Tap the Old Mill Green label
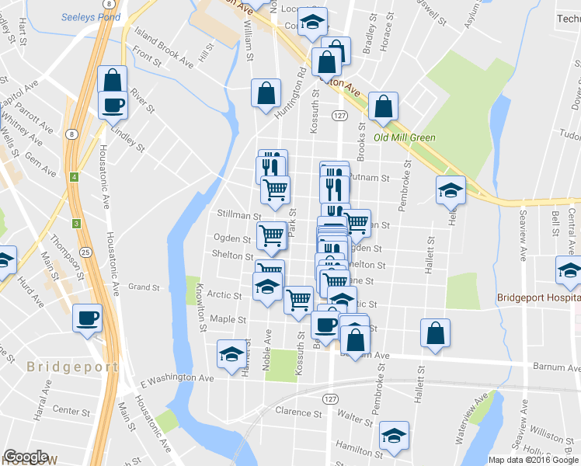coord(405,137)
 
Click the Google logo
coord(26,457)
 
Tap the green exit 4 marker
coord(75,176)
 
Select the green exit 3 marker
coord(76,224)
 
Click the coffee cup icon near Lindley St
coord(113,105)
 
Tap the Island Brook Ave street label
coord(164,46)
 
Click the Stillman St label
coord(239,214)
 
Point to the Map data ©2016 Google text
coord(532,459)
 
